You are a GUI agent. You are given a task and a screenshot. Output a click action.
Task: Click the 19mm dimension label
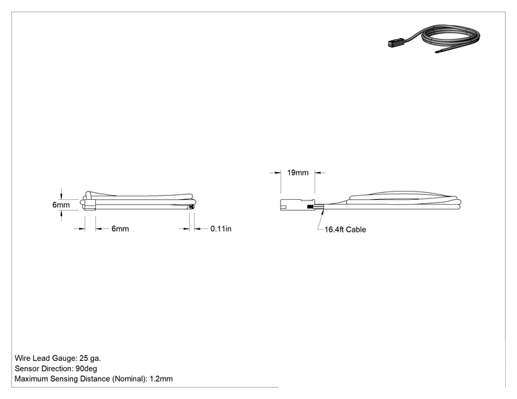pos(297,173)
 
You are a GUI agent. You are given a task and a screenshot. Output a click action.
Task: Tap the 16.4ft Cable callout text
pos(345,230)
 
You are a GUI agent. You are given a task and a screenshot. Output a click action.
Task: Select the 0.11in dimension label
pos(221,228)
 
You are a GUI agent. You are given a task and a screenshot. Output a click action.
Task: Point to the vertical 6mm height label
pos(61,205)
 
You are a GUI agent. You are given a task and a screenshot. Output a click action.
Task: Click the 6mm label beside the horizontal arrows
pos(120,228)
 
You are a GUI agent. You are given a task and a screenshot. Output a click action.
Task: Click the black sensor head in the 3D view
pos(394,44)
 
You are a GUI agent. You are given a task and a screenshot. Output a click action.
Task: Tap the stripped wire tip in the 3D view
pos(439,51)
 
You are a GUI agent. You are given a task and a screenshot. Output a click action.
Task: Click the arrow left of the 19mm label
pos(275,172)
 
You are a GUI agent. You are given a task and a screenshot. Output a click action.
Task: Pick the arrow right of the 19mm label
pos(320,172)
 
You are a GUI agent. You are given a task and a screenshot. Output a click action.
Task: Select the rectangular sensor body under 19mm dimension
pos(294,205)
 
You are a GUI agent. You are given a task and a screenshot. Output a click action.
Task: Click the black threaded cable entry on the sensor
pos(310,207)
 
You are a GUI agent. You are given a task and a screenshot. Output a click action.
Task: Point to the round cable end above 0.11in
pos(191,207)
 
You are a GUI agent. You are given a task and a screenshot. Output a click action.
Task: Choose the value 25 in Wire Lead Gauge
pos(84,358)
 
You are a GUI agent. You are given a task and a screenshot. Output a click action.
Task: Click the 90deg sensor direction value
pos(86,368)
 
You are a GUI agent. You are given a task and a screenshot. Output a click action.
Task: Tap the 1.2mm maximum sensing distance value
pos(161,379)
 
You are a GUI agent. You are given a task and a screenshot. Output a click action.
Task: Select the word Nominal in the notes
pos(129,379)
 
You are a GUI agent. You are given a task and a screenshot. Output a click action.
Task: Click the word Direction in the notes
pos(58,368)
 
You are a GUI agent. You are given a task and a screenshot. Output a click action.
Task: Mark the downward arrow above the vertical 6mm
pos(61,194)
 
